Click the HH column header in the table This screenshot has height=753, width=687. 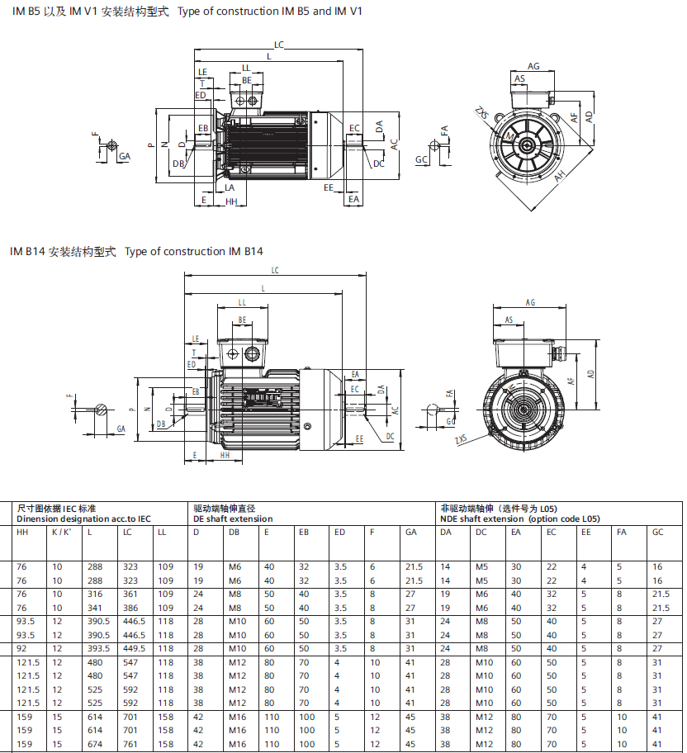[22, 533]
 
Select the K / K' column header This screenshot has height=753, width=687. [61, 533]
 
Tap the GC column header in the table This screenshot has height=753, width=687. [658, 533]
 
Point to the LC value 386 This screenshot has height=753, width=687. [129, 607]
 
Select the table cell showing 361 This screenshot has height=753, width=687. [129, 594]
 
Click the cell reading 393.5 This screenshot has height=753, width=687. [98, 648]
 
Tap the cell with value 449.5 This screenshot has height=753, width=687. [133, 648]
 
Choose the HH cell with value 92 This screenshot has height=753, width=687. [21, 648]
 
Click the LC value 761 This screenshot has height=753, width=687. [129, 744]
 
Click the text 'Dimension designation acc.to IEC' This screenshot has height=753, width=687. [83, 519]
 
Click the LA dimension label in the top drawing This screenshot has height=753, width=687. [230, 187]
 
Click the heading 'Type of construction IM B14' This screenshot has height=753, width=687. [194, 251]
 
